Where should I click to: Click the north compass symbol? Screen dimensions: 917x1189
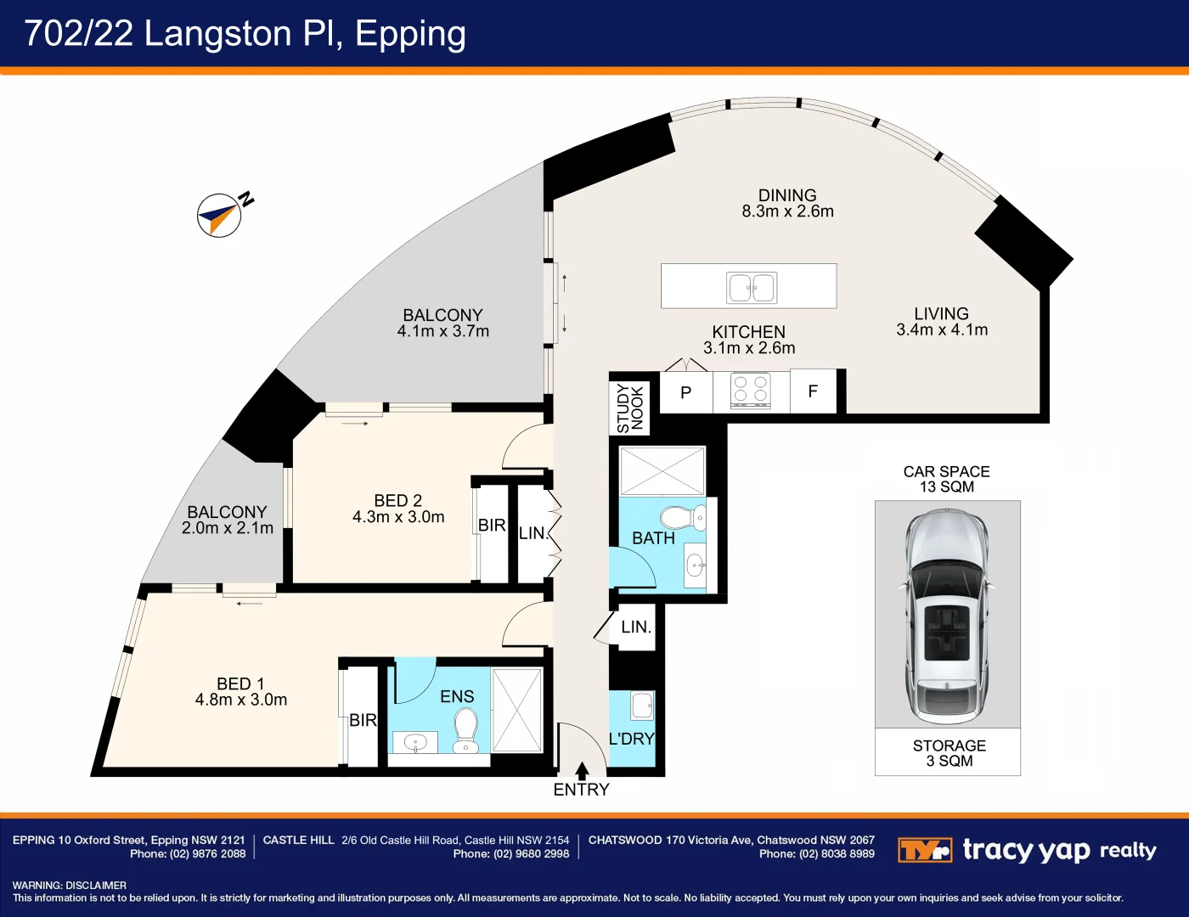tap(220, 215)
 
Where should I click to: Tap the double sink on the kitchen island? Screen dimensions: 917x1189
tap(752, 288)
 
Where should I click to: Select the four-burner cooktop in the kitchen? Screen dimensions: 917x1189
tap(751, 390)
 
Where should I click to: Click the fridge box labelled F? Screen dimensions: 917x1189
tap(813, 391)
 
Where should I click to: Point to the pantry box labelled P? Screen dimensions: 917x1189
tap(686, 392)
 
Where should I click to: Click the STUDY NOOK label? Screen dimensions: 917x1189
tap(630, 408)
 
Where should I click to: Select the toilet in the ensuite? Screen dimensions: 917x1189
tap(465, 729)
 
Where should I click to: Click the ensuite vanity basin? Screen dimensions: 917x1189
tap(415, 743)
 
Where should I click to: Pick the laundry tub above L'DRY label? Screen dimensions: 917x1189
tap(642, 706)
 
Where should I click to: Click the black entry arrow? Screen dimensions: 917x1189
tap(582, 771)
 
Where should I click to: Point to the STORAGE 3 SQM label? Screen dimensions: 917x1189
tap(949, 753)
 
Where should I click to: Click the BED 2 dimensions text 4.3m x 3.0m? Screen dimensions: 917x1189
tap(398, 517)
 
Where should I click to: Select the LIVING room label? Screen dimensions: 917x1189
tap(941, 314)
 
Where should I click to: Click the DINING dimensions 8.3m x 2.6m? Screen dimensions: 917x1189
tap(787, 211)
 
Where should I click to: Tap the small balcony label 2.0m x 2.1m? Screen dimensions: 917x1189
tap(228, 528)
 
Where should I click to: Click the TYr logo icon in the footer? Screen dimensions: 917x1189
tap(924, 850)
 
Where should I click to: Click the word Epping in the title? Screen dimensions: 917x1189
tap(410, 34)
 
